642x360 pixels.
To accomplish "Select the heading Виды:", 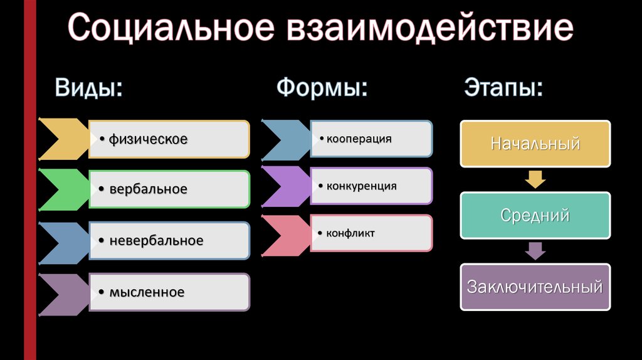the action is tap(89, 88).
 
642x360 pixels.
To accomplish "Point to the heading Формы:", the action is tap(322, 87).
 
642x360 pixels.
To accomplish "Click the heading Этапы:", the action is tap(503, 87).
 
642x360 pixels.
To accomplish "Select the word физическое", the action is tap(148, 140).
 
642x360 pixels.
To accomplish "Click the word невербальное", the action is tap(156, 240).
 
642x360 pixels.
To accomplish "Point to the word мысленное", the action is tap(147, 292).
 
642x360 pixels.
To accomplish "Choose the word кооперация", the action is tap(359, 139).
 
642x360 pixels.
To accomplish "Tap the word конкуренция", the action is tap(362, 186).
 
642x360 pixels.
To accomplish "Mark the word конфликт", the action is tap(350, 233).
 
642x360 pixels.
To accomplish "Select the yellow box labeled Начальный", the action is tap(535, 144).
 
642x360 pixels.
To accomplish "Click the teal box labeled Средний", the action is tap(535, 215).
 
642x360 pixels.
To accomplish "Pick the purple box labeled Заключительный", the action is tap(535, 287).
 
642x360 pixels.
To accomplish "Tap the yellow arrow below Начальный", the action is tap(535, 179).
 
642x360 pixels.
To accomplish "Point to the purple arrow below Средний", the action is tap(535, 251).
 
